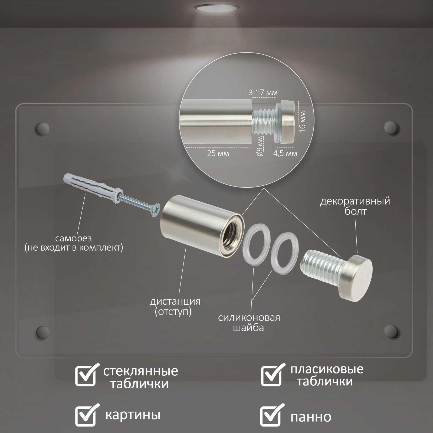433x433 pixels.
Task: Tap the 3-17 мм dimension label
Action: point(263,93)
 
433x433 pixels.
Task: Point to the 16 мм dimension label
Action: point(303,122)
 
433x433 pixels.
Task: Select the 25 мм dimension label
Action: point(218,154)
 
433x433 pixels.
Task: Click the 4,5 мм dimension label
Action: point(285,153)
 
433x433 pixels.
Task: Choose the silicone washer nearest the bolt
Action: point(285,253)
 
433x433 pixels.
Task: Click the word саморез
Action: point(73,238)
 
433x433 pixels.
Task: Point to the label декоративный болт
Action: point(355,206)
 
